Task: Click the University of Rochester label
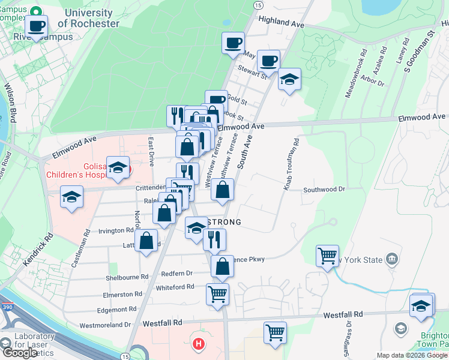(88, 18)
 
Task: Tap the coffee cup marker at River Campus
(37, 27)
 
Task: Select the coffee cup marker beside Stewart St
(269, 61)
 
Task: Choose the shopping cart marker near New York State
(327, 256)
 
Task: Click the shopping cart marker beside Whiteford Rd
(217, 295)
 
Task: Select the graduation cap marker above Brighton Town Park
(422, 305)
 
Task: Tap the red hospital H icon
(198, 344)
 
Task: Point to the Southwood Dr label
(325, 189)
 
